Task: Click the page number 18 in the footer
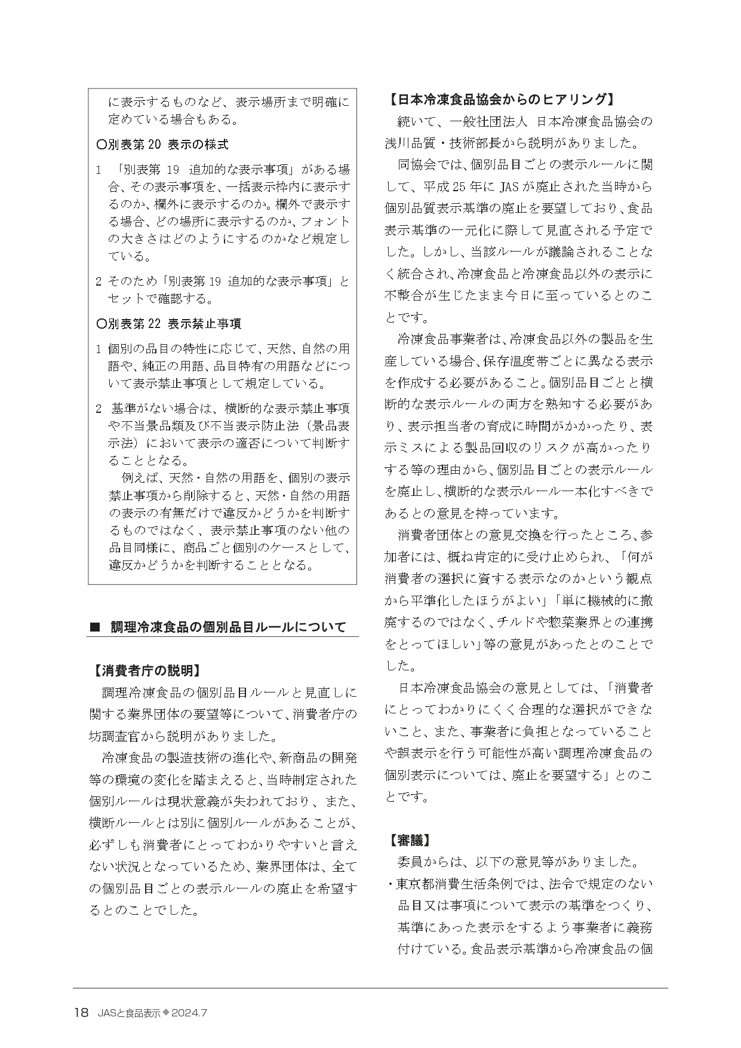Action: pos(81,1012)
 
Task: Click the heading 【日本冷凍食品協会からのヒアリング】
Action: pos(500,99)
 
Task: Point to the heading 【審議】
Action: pos(410,839)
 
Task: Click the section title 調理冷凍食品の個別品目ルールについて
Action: pos(228,627)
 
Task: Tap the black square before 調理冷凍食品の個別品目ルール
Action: pos(94,627)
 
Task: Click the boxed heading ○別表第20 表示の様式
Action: pos(162,145)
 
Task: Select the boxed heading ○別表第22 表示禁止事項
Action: pos(169,324)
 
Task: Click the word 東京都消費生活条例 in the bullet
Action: pos(454,884)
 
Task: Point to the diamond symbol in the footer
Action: pos(167,1012)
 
